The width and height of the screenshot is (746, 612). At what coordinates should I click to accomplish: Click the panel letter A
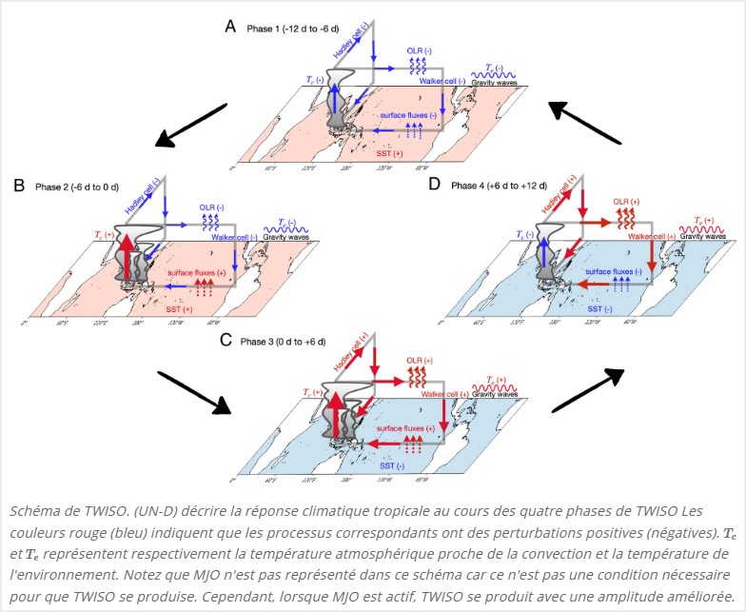(229, 27)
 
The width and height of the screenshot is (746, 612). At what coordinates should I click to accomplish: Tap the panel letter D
(434, 184)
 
